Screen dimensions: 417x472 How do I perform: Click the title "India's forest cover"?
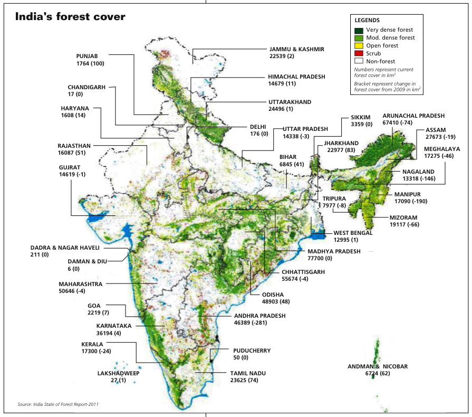click(70, 17)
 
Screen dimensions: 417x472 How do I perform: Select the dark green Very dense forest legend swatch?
click(359, 30)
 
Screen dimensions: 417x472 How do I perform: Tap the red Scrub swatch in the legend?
click(359, 54)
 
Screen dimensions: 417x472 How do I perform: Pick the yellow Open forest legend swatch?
click(359, 46)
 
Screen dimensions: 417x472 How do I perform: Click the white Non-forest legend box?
click(359, 62)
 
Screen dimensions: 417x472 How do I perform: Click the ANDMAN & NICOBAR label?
click(378, 366)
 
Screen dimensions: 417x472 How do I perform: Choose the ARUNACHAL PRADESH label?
click(413, 116)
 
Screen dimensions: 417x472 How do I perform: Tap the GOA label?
click(94, 306)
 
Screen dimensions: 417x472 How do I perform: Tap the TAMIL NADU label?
click(248, 373)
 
